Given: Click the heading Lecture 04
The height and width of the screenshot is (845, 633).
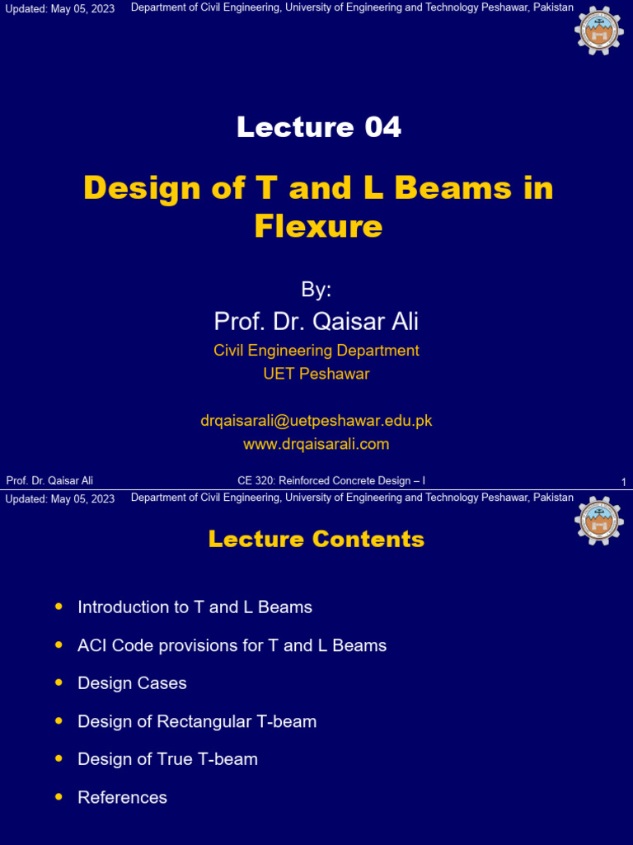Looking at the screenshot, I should (x=318, y=127).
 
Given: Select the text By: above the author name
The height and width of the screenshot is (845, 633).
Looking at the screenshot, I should (x=316, y=290).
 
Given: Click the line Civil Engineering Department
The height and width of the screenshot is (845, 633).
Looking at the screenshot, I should (x=316, y=351).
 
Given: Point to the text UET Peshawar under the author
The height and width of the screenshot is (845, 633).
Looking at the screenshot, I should (x=316, y=374).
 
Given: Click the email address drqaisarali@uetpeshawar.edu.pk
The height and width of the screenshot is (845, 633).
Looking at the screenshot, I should (x=316, y=421).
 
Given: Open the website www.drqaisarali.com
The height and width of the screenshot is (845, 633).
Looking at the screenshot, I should (x=316, y=444).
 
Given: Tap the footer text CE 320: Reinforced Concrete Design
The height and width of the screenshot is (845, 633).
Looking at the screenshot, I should (x=331, y=480).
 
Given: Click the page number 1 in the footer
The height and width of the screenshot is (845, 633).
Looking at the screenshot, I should (x=624, y=482).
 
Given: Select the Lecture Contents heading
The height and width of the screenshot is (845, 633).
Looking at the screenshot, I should (x=316, y=540).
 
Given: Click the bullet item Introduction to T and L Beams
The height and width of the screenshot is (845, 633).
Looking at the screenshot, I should (x=195, y=607).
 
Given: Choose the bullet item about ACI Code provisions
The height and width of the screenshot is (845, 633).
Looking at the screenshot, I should (x=232, y=645).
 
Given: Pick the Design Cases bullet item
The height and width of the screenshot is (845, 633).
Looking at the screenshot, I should (x=132, y=683).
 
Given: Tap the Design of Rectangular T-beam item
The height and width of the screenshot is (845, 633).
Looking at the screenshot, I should (x=197, y=721).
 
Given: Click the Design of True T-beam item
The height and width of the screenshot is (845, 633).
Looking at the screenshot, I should (x=167, y=759).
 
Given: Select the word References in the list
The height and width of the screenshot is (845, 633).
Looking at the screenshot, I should (x=122, y=797).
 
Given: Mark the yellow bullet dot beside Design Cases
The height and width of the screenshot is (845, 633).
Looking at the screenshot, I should (x=59, y=683).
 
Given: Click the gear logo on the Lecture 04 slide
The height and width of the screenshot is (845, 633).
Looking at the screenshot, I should (x=599, y=31).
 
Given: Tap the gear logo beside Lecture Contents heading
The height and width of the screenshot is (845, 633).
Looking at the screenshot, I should (x=599, y=521).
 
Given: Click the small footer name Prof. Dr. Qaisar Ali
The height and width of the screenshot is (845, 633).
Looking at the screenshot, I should (x=49, y=480).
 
